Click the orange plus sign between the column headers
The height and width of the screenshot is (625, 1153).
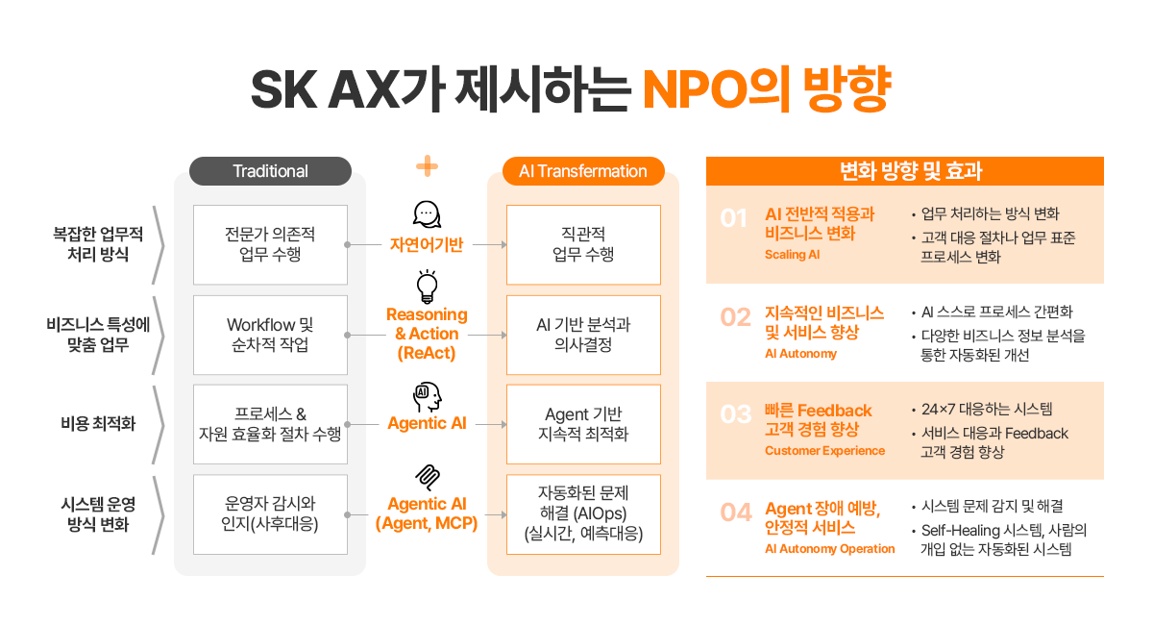tap(427, 166)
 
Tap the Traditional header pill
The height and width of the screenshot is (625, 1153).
tap(270, 171)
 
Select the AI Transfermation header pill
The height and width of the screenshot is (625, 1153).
tap(583, 171)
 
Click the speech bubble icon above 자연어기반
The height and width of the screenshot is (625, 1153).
tap(427, 214)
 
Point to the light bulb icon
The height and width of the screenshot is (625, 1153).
tap(427, 286)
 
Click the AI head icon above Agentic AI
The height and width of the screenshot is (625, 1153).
tap(427, 395)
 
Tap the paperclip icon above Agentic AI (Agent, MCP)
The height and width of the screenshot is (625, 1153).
tap(427, 477)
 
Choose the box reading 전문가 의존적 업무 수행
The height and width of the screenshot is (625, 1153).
tap(270, 244)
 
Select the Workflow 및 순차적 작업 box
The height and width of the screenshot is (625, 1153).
tap(270, 335)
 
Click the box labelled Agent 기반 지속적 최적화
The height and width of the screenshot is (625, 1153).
tap(583, 424)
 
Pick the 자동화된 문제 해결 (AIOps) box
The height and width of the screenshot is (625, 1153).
tap(583, 513)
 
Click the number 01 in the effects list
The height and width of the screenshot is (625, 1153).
tap(734, 219)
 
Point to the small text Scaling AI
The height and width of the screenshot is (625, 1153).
tap(794, 255)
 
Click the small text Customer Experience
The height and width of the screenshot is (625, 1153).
tap(824, 451)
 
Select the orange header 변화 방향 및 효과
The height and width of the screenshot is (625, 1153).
tap(904, 171)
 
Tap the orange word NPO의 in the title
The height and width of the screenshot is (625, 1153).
tap(718, 88)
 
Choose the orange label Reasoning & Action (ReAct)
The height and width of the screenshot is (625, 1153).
tap(427, 334)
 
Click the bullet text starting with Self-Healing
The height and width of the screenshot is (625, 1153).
tap(1004, 531)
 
